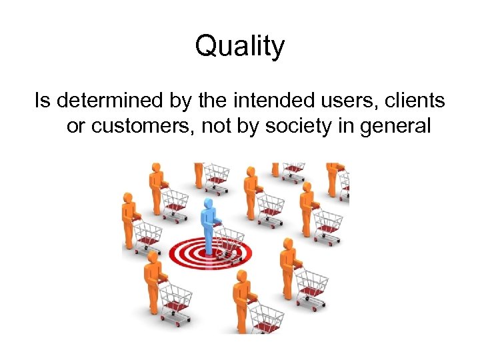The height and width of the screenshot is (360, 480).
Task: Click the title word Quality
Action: (x=240, y=47)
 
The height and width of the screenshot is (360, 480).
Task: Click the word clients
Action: (x=415, y=101)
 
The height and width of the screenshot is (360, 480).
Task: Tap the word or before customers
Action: (x=76, y=125)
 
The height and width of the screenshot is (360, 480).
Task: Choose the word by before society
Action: (x=249, y=125)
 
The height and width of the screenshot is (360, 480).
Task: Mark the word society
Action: (x=299, y=125)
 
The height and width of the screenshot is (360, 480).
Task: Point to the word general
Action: (x=396, y=125)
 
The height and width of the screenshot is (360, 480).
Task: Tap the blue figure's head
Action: (x=209, y=203)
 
